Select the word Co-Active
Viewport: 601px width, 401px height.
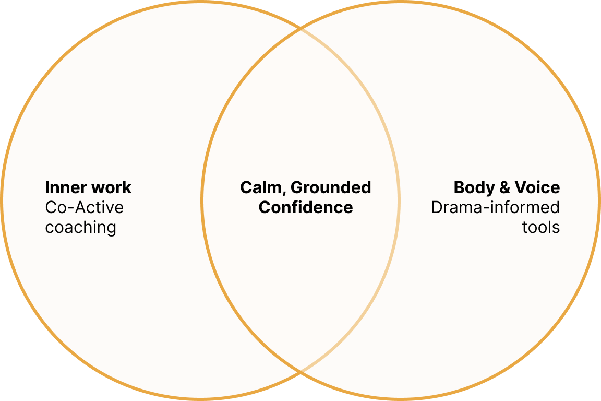(85, 208)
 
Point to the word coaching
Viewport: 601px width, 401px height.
(80, 228)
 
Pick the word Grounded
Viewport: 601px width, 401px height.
(331, 187)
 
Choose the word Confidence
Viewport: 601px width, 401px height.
(306, 208)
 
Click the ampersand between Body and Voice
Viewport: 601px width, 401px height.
(505, 187)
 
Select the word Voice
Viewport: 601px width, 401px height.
(537, 187)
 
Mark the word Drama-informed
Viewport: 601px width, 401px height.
(496, 208)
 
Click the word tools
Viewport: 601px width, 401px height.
(541, 228)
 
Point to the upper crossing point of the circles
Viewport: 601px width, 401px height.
(300, 28)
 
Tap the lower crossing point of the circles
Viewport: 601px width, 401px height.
(300, 372)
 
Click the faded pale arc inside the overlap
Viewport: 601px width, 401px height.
(399, 200)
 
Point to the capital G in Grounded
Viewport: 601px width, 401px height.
(297, 187)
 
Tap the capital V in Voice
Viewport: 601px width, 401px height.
(521, 187)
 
